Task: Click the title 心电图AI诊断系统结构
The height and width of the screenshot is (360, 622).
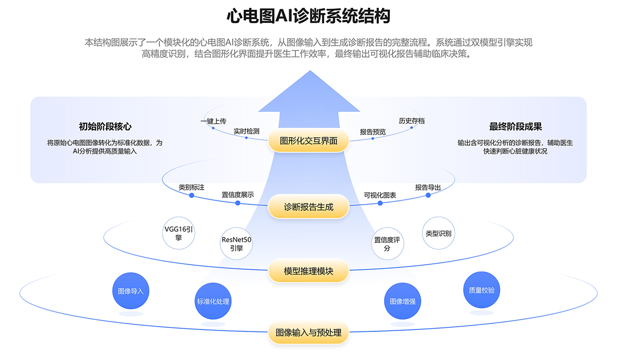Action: pyautogui.click(x=308, y=17)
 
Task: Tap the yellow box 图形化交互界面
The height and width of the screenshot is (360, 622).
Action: pyautogui.click(x=308, y=140)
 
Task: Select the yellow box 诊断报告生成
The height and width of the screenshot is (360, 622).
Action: pyautogui.click(x=308, y=207)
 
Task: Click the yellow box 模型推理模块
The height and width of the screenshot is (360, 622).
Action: pyautogui.click(x=308, y=271)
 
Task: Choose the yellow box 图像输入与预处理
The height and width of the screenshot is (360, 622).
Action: pyautogui.click(x=308, y=333)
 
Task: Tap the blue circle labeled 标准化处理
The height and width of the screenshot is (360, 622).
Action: pyautogui.click(x=213, y=301)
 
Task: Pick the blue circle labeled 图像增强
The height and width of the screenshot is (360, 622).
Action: pyautogui.click(x=402, y=301)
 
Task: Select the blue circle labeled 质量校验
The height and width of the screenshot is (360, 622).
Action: pyautogui.click(x=482, y=290)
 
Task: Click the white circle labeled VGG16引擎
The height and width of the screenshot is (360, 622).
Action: pyautogui.click(x=179, y=234)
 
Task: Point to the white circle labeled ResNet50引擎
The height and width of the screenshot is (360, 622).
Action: pyautogui.click(x=236, y=243)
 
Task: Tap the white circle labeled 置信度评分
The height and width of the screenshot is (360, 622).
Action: pyautogui.click(x=387, y=244)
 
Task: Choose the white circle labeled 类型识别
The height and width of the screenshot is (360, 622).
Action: pyautogui.click(x=439, y=233)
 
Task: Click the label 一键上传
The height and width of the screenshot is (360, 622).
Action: pyautogui.click(x=214, y=121)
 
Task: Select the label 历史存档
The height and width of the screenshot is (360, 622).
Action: pyautogui.click(x=412, y=121)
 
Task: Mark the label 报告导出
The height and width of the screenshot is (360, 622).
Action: pyautogui.click(x=428, y=188)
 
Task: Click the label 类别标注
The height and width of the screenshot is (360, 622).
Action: pyautogui.click(x=191, y=188)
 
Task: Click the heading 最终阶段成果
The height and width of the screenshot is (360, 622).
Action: pyautogui.click(x=515, y=127)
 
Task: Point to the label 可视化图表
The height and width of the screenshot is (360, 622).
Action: pyautogui.click(x=380, y=195)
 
